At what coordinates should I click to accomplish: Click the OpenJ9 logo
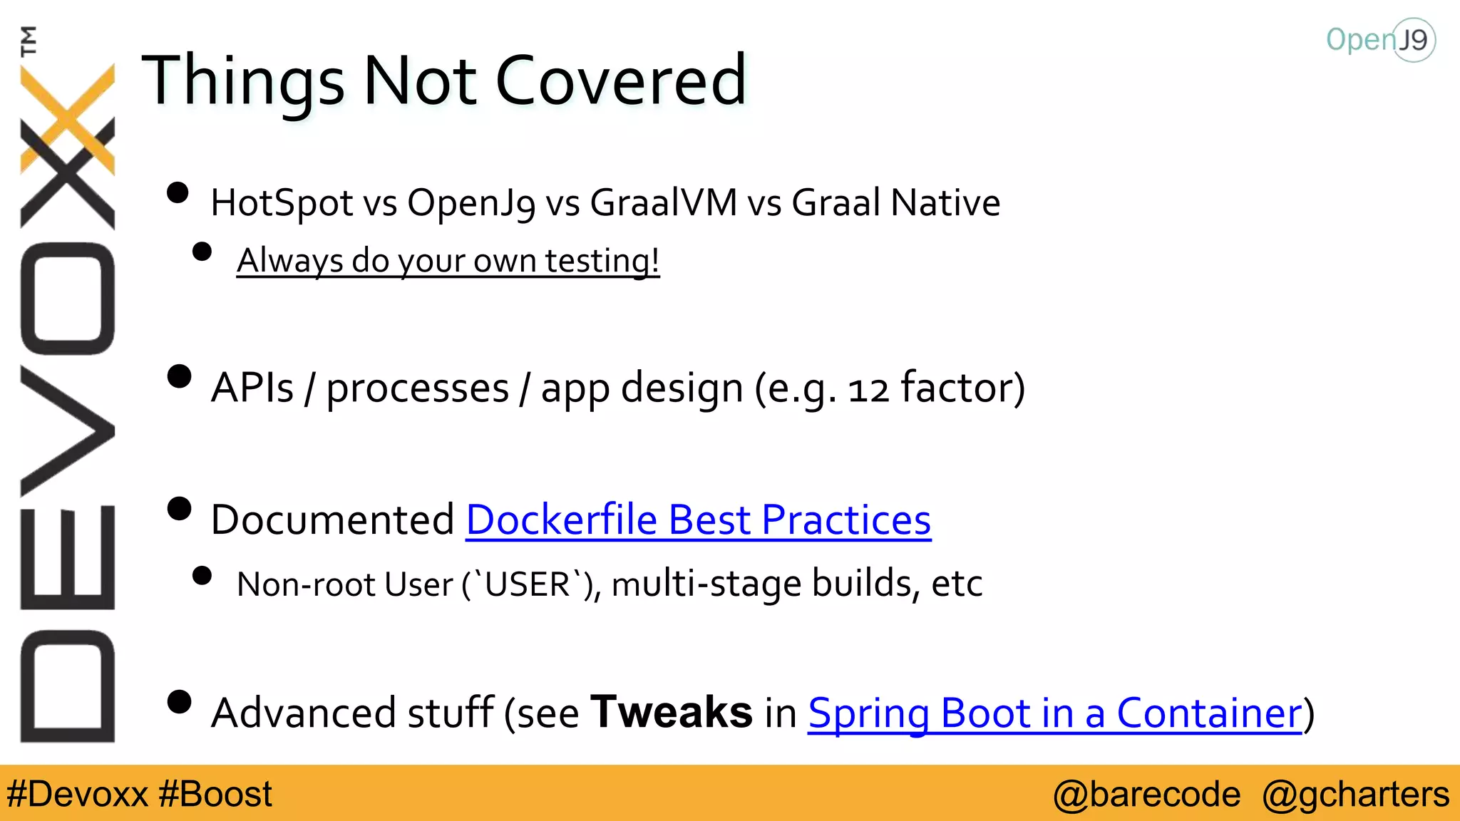pos(1380,40)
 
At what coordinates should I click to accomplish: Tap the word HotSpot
pos(282,203)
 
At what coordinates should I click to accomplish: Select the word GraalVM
pos(663,203)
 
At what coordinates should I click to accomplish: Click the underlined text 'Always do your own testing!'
pos(448,261)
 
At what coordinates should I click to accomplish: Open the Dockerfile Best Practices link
pos(698,520)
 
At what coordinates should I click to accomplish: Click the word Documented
pos(332,520)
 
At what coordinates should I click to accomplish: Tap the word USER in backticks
pos(527,584)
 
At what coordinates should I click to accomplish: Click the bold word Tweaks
pos(672,712)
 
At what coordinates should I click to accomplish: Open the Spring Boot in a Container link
pos(1054,713)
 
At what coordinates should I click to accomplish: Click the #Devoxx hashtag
pos(77,794)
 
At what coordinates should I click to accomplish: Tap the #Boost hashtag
pos(215,794)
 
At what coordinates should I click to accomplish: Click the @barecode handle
pos(1146,794)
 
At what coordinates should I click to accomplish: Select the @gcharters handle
pos(1355,794)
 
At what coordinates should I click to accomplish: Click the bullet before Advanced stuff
pos(179,702)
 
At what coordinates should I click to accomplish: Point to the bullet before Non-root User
pos(202,576)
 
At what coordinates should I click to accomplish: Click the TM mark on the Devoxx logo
pos(29,41)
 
